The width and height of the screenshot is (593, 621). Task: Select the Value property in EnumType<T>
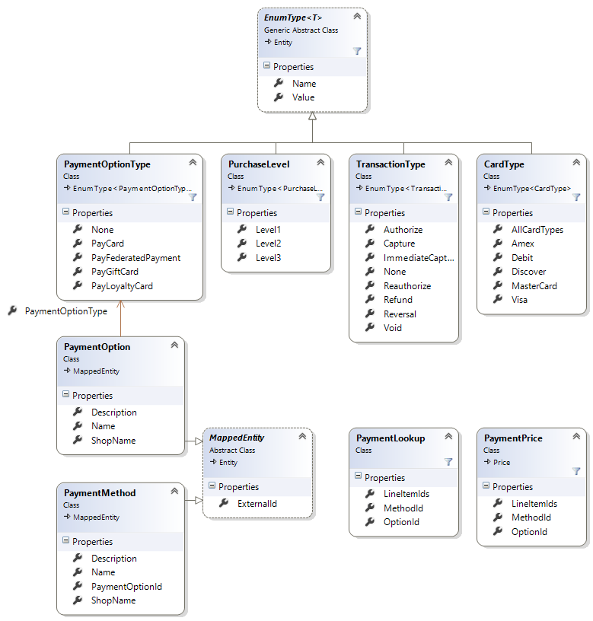pyautogui.click(x=303, y=97)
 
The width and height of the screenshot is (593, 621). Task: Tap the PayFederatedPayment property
pyautogui.click(x=135, y=258)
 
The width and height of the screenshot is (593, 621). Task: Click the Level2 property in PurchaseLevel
pyautogui.click(x=268, y=244)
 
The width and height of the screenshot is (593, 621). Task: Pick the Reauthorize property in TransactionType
pyautogui.click(x=406, y=286)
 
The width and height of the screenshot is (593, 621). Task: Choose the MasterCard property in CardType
pyautogui.click(x=534, y=286)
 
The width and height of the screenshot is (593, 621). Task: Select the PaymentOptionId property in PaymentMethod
pyautogui.click(x=126, y=587)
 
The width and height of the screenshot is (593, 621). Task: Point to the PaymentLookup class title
pyautogui.click(x=391, y=438)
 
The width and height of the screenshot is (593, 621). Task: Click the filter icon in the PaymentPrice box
pyautogui.click(x=576, y=470)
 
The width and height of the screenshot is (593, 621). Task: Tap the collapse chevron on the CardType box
pyautogui.click(x=576, y=163)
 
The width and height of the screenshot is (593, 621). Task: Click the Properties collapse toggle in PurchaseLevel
pyautogui.click(x=228, y=213)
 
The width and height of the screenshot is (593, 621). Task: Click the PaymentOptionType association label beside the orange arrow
pyautogui.click(x=65, y=311)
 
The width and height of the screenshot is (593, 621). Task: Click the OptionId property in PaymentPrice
pyautogui.click(x=529, y=532)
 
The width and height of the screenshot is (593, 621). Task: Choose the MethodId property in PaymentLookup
pyautogui.click(x=403, y=508)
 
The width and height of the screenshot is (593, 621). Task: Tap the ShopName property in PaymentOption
pyautogui.click(x=113, y=441)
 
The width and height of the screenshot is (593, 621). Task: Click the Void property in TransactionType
pyautogui.click(x=392, y=328)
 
